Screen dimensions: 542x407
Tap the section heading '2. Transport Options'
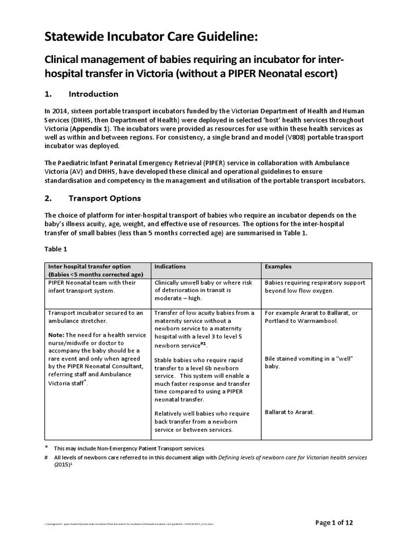coord(92,198)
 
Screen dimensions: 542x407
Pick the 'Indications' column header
coord(170,267)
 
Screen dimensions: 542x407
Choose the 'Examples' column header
coord(278,267)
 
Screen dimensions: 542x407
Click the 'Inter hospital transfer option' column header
coord(90,267)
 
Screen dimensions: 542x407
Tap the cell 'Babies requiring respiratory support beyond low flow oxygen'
coord(315,286)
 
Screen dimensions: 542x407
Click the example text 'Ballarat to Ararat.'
coord(289,412)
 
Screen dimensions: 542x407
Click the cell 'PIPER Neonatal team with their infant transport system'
coord(92,286)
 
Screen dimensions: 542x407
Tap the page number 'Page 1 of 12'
coord(334,523)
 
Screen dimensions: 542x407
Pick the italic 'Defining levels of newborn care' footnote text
coord(292,457)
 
